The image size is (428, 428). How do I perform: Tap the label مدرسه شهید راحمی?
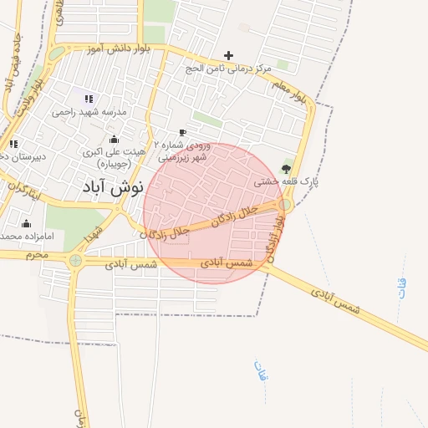89,112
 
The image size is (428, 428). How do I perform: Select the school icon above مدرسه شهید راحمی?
89,99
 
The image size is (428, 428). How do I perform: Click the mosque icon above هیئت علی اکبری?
114,139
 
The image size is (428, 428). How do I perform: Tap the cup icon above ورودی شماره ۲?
183,132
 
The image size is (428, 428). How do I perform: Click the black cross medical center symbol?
228,55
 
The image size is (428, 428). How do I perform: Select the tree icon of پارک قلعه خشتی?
287,169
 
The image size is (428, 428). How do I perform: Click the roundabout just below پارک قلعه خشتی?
285,204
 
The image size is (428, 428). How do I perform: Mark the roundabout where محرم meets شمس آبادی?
76,260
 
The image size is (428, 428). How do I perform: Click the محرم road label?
34,253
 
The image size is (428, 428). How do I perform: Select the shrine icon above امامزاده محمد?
26,223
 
